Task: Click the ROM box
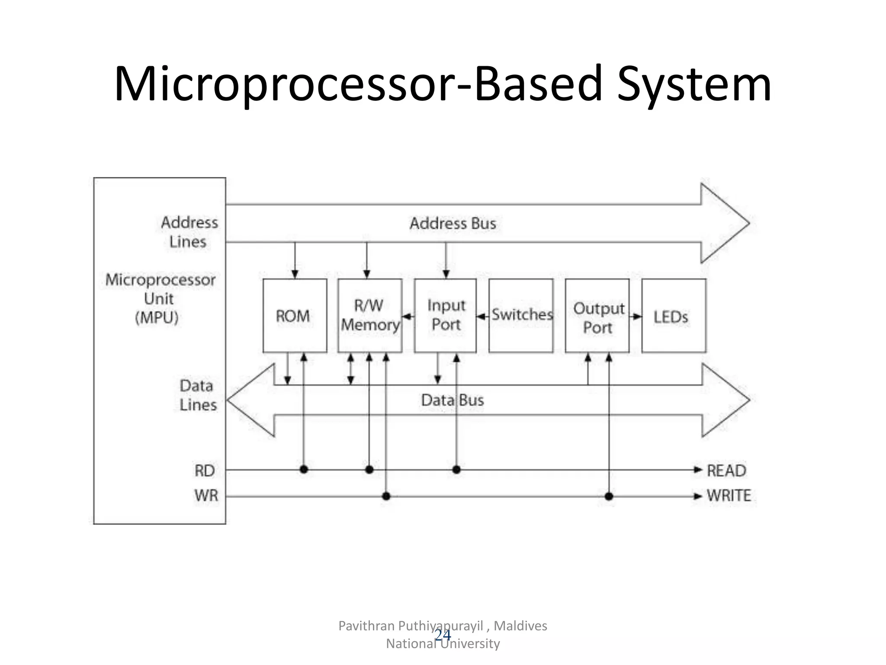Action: click(295, 316)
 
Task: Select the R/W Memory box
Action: click(369, 316)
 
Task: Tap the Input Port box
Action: click(445, 316)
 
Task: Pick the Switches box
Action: click(521, 316)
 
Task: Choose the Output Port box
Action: click(597, 316)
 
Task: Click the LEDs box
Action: click(674, 316)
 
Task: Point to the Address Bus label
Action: click(453, 223)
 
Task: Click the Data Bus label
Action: click(453, 400)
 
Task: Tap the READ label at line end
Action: click(726, 471)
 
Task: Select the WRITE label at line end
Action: click(729, 496)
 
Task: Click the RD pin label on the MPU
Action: click(205, 471)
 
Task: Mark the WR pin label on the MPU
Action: click(206, 496)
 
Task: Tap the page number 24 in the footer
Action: click(443, 635)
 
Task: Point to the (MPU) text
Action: click(157, 318)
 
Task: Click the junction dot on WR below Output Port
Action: click(609, 496)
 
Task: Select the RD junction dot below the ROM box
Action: click(304, 469)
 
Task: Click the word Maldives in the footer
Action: click(520, 626)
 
